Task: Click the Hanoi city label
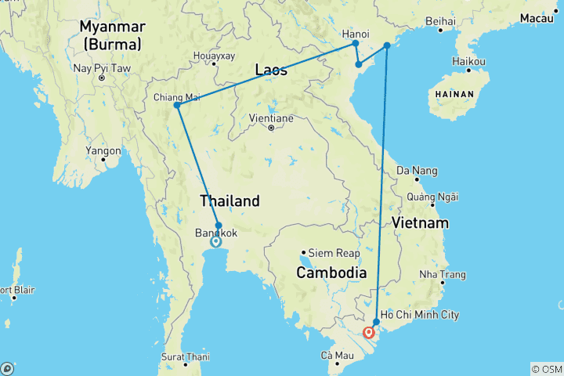pyautogui.click(x=356, y=34)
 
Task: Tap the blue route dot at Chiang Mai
pyautogui.click(x=177, y=105)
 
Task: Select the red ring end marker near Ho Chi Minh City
pyautogui.click(x=368, y=332)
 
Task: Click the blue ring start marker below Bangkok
pyautogui.click(x=215, y=242)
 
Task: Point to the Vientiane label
pyautogui.click(x=270, y=117)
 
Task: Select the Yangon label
pyautogui.click(x=104, y=150)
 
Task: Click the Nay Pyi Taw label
pyautogui.click(x=100, y=68)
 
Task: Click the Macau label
pyautogui.click(x=541, y=17)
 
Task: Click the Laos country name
pyautogui.click(x=271, y=70)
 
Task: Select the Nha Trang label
pyautogui.click(x=443, y=275)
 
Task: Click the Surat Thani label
pyautogui.click(x=186, y=356)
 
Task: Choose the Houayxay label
pyautogui.click(x=214, y=56)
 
